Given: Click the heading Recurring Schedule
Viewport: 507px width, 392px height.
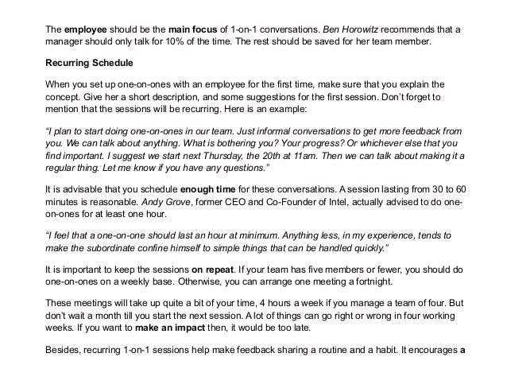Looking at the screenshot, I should click(88, 61).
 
